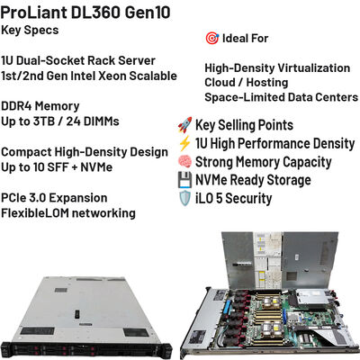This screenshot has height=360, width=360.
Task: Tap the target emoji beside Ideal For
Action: [212, 39]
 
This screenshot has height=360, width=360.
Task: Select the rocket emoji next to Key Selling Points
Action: [184, 125]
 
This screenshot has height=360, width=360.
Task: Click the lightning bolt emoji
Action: [184, 143]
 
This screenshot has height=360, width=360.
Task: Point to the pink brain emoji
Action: [184, 162]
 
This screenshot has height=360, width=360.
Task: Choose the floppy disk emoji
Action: [184, 180]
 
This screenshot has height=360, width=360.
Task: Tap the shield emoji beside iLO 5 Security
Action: [184, 199]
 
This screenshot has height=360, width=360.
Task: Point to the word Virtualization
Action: [314, 68]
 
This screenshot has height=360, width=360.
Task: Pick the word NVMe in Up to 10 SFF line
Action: [96, 167]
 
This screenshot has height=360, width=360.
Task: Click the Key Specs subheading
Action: [30, 31]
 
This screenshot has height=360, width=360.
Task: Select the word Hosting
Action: [267, 83]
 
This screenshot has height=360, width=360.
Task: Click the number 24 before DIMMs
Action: [73, 121]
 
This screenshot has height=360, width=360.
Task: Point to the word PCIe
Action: [13, 198]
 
